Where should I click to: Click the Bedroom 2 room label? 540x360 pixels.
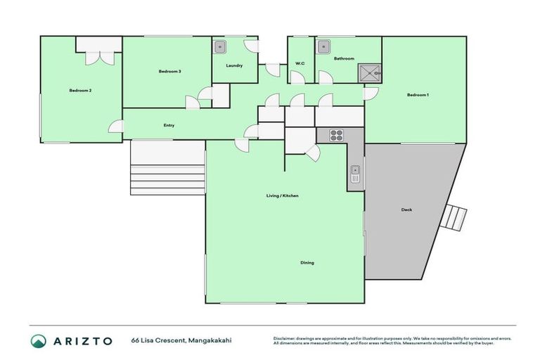(x=80, y=91)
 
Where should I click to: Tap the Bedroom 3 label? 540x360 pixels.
(x=169, y=72)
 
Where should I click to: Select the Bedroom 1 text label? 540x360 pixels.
(x=418, y=94)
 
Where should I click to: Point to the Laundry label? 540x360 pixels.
(x=234, y=66)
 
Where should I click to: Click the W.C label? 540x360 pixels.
(x=300, y=64)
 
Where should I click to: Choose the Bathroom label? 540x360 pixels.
(x=344, y=58)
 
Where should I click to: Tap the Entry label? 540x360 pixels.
(x=169, y=125)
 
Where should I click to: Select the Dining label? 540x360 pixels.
(x=307, y=263)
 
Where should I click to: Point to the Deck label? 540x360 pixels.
(x=406, y=210)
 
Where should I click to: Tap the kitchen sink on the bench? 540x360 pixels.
(x=356, y=173)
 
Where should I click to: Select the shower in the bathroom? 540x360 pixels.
(x=370, y=72)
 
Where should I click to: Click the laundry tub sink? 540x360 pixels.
(x=220, y=47)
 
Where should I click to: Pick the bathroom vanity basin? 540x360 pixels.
(x=323, y=47)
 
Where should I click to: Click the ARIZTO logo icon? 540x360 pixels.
(x=39, y=341)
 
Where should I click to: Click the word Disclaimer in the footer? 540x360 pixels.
(x=284, y=338)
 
